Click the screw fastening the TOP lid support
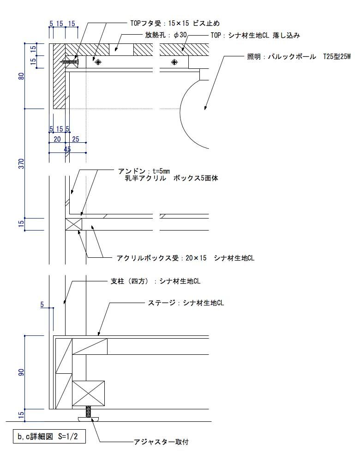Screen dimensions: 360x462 (70, 62)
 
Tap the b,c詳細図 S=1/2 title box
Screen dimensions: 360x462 (49, 437)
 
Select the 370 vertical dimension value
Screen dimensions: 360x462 (22, 164)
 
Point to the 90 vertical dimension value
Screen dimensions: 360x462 (22, 372)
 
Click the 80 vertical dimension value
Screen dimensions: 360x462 (22, 76)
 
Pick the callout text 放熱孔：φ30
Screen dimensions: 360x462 (166, 35)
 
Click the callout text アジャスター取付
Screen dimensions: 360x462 (161, 442)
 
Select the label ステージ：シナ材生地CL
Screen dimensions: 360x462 (186, 303)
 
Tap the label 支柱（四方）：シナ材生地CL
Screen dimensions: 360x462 (156, 281)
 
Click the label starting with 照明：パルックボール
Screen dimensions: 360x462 (299, 56)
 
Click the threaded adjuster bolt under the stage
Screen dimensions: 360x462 (88, 412)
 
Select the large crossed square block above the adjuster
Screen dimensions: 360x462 (88, 393)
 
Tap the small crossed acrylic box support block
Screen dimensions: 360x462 (73, 224)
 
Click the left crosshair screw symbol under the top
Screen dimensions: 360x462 (98, 62)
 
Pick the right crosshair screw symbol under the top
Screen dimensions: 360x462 (175, 62)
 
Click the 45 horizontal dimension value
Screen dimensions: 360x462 (67, 149)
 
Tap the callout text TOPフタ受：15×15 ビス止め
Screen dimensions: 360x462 (175, 23)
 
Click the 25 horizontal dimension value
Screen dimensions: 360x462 (76, 139)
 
